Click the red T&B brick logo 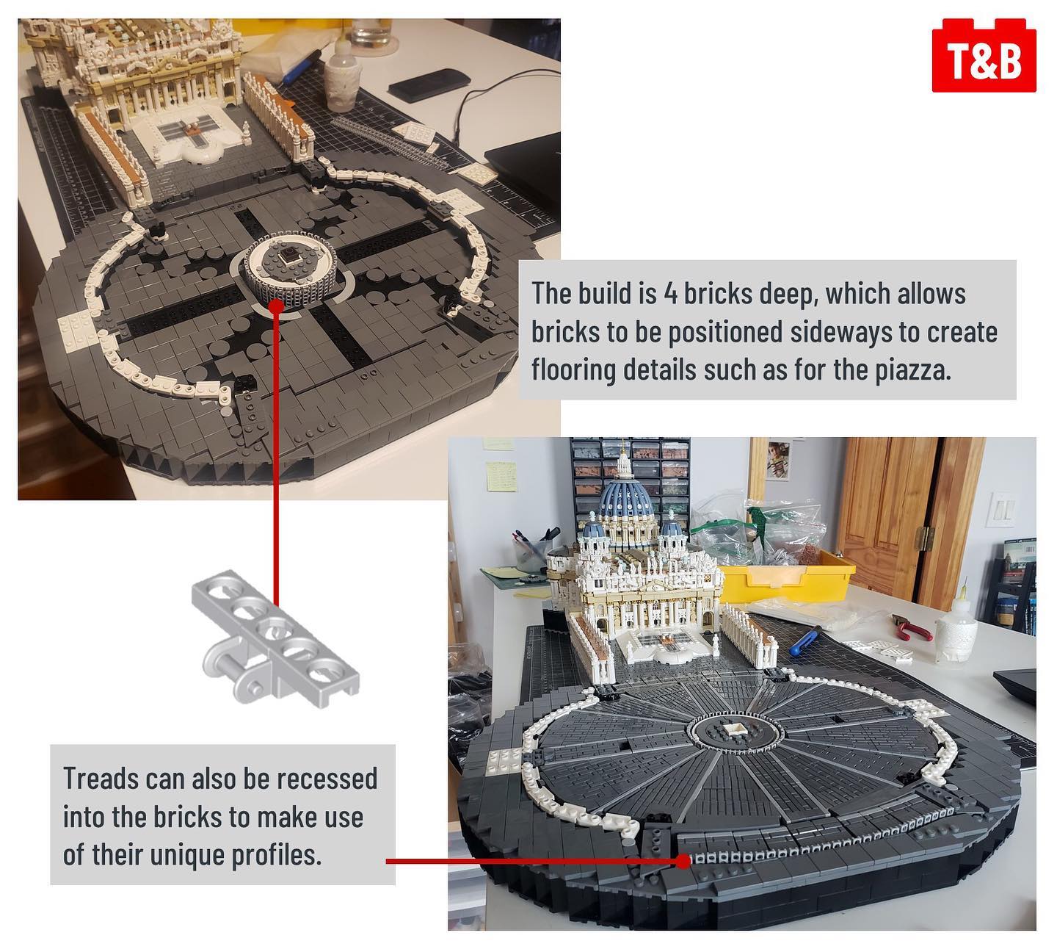(984, 55)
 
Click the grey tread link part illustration (275, 639)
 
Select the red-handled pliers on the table (910, 627)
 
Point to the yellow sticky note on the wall (501, 477)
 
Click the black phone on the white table (429, 83)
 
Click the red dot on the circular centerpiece (275, 306)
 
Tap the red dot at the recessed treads (683, 862)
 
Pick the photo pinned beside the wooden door (777, 460)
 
